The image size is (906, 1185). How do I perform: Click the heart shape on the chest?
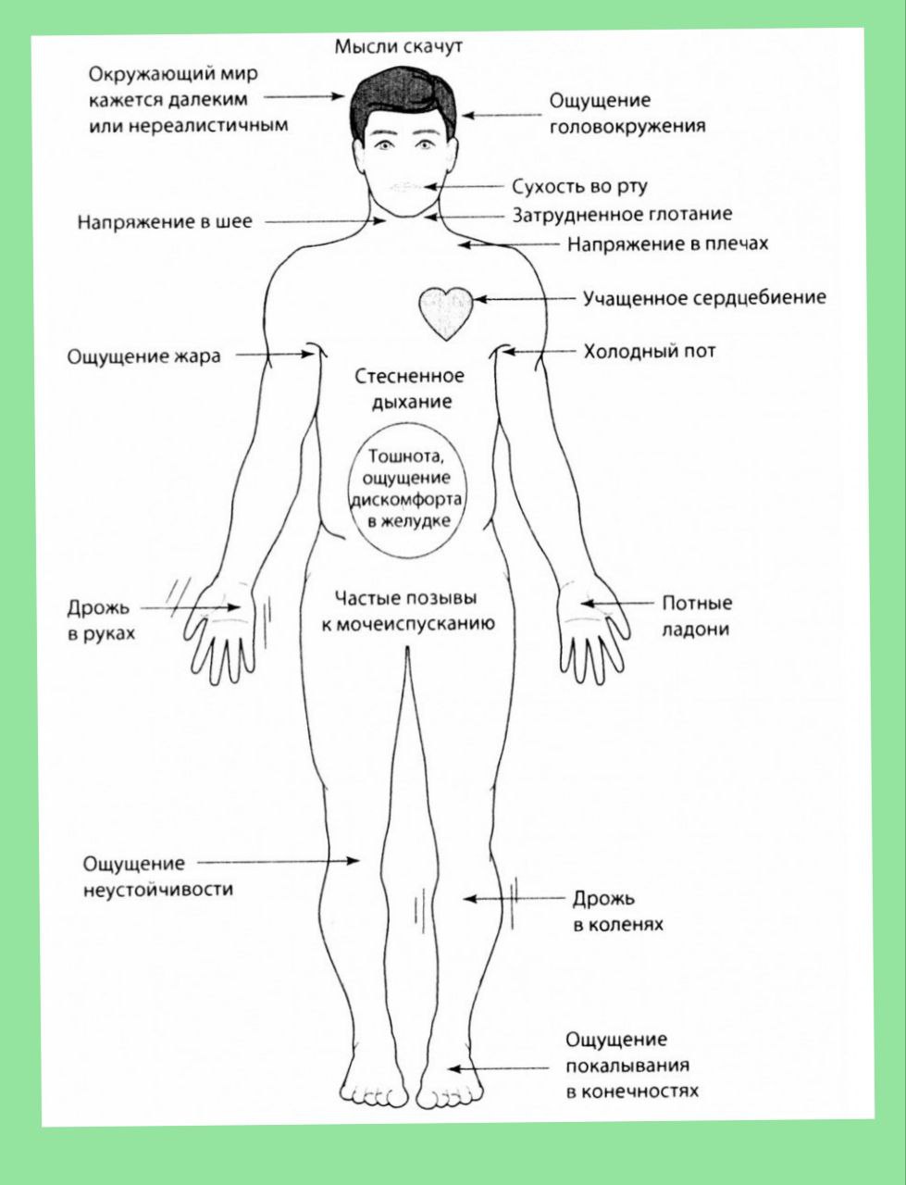click(x=446, y=312)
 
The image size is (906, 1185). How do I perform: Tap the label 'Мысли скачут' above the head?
click(x=398, y=45)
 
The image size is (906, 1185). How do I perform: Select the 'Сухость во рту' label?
click(x=580, y=186)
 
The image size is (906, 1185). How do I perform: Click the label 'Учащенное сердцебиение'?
click(x=703, y=298)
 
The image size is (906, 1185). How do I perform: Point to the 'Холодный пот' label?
click(x=649, y=352)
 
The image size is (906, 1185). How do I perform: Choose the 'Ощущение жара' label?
click(x=144, y=356)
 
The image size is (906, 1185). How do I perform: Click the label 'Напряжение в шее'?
click(x=164, y=222)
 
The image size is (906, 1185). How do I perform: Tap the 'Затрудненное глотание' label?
click(x=622, y=215)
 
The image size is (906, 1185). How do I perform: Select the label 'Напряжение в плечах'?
click(x=667, y=243)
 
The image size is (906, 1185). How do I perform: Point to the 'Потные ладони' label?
click(x=696, y=616)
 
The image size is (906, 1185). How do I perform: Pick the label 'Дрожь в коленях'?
click(x=617, y=911)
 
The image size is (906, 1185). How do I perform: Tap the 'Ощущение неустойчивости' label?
click(x=158, y=876)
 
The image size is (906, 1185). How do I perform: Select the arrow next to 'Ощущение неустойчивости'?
click(x=278, y=861)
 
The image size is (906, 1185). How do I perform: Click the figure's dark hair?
click(x=403, y=93)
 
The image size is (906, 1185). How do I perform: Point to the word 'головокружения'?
click(x=627, y=126)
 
